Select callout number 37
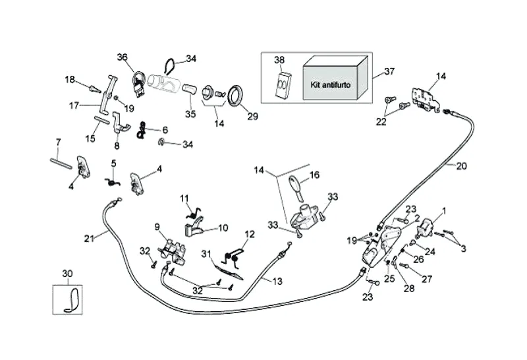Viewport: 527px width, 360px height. tap(389, 72)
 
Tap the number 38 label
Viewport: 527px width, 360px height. tap(279, 60)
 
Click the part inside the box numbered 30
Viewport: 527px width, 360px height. tap(70, 298)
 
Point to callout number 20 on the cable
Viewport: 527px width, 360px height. tap(461, 166)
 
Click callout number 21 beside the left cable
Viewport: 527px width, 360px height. tap(90, 237)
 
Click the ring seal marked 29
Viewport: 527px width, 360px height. tap(233, 95)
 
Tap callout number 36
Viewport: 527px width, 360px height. tap(122, 57)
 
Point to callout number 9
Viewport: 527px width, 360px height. tap(157, 227)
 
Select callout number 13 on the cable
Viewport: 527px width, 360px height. tap(277, 282)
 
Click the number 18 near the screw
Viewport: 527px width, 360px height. tap(70, 80)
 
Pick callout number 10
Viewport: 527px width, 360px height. tap(223, 228)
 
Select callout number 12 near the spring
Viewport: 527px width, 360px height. tap(250, 234)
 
